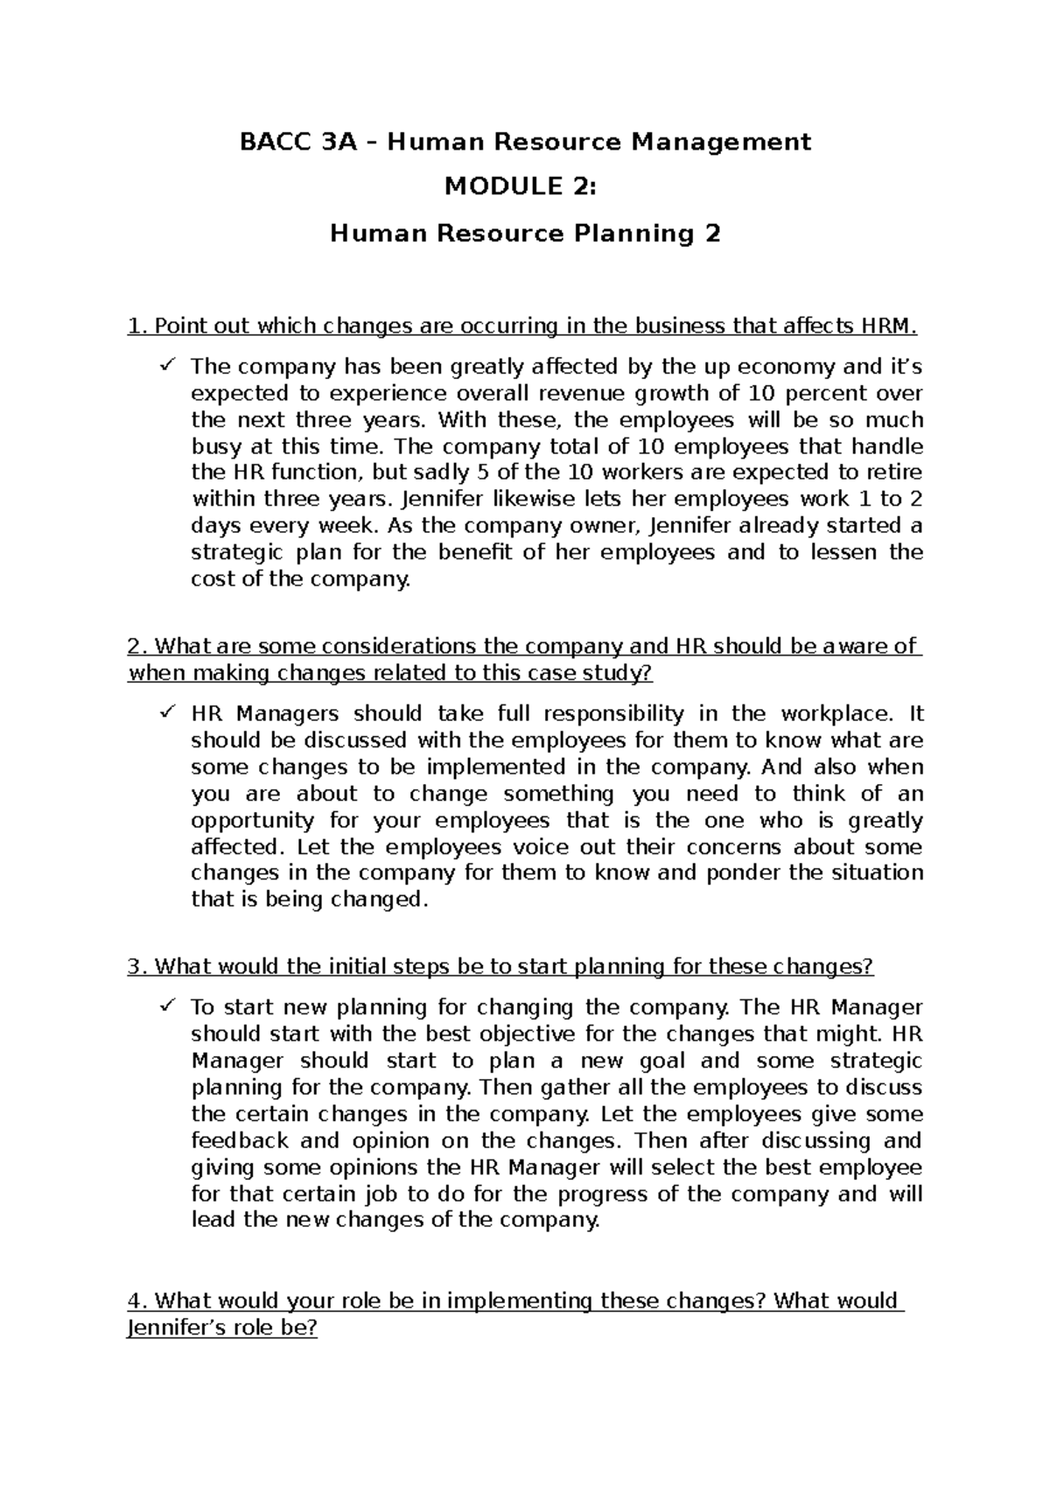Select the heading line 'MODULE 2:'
(x=526, y=186)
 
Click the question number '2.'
(x=136, y=647)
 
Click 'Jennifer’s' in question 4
(x=173, y=1328)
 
